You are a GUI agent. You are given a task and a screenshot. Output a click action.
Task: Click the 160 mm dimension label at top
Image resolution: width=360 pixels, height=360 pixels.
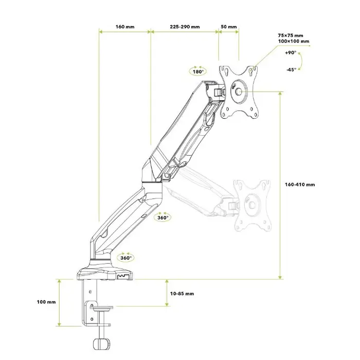pos(125,27)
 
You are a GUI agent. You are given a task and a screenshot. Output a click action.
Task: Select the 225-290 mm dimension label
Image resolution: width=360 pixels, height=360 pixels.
pos(185,27)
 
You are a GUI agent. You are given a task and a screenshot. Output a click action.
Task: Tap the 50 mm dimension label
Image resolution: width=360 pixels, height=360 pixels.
pos(229,27)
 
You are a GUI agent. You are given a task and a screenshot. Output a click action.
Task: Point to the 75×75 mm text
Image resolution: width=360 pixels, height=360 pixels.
pos(291,35)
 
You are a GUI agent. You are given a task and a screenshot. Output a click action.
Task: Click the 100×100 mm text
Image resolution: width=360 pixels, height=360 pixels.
pos(294,41)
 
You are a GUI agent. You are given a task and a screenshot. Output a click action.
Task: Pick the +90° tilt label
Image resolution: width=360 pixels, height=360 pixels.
pos(291,52)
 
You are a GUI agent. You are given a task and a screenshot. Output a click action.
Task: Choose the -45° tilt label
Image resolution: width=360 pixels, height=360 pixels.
pos(292,69)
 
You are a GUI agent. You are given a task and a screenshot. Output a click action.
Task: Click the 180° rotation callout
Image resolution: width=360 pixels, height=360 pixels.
pos(198,71)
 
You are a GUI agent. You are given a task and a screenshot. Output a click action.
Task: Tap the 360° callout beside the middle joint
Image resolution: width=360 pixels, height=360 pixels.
pos(163,217)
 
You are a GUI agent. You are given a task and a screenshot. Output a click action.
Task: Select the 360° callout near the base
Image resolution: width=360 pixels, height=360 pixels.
pos(125,258)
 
